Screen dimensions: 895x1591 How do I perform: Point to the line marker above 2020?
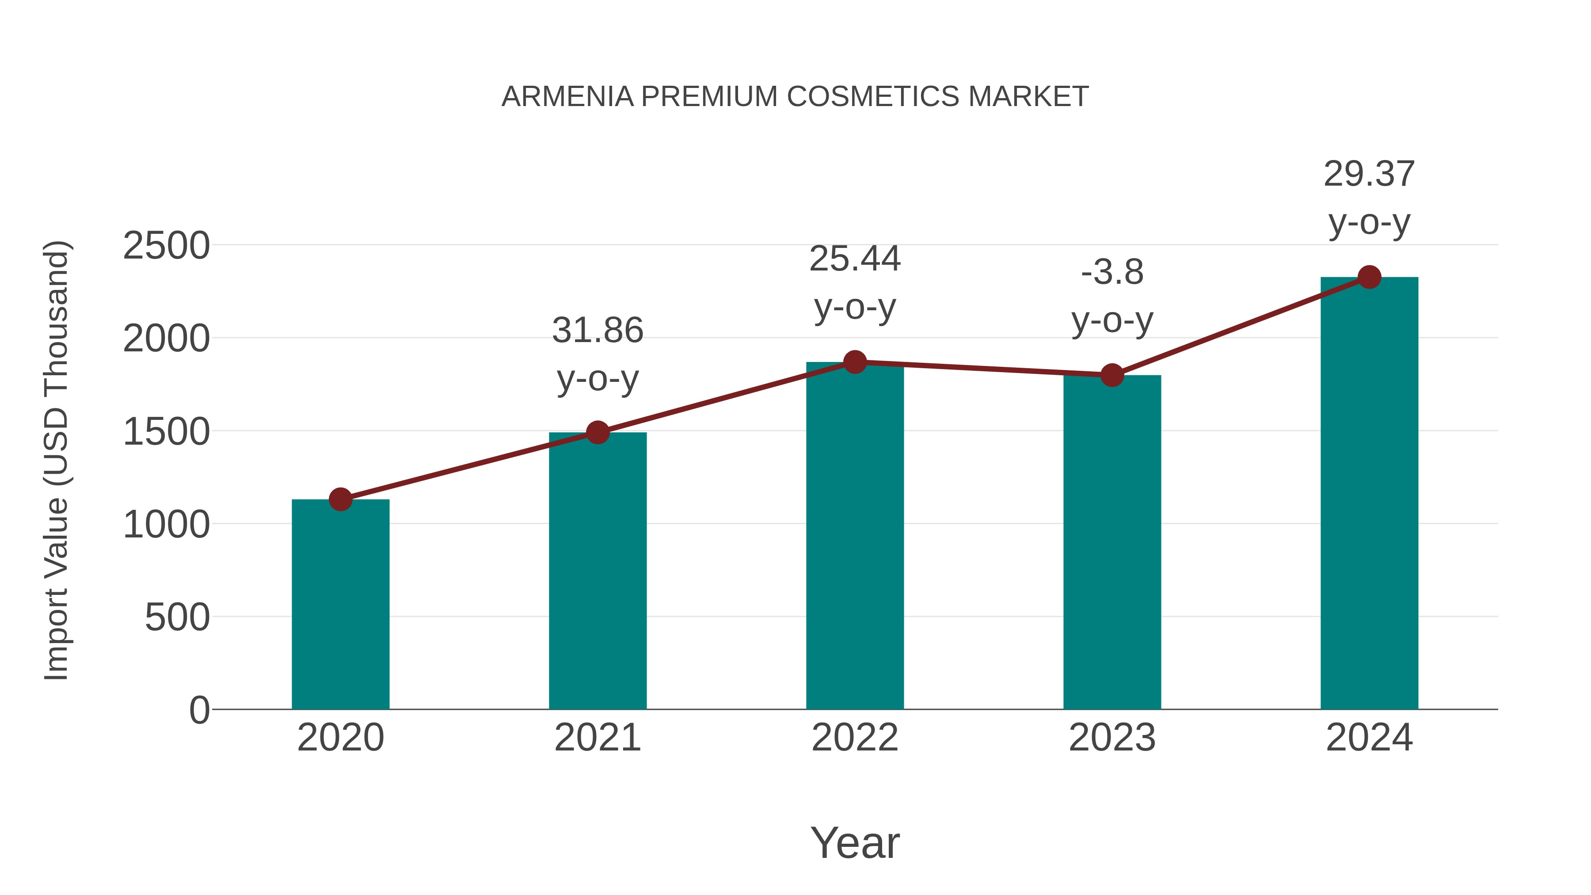pos(340,499)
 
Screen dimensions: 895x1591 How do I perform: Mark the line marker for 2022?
pos(855,362)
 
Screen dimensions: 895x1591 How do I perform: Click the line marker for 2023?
pos(1112,375)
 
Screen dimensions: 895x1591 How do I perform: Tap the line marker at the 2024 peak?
pos(1369,277)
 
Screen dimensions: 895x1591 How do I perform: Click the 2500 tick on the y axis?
pos(166,246)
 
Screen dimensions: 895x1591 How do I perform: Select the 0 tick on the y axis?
pos(199,710)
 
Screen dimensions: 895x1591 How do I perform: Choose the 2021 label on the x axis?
pos(597,738)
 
